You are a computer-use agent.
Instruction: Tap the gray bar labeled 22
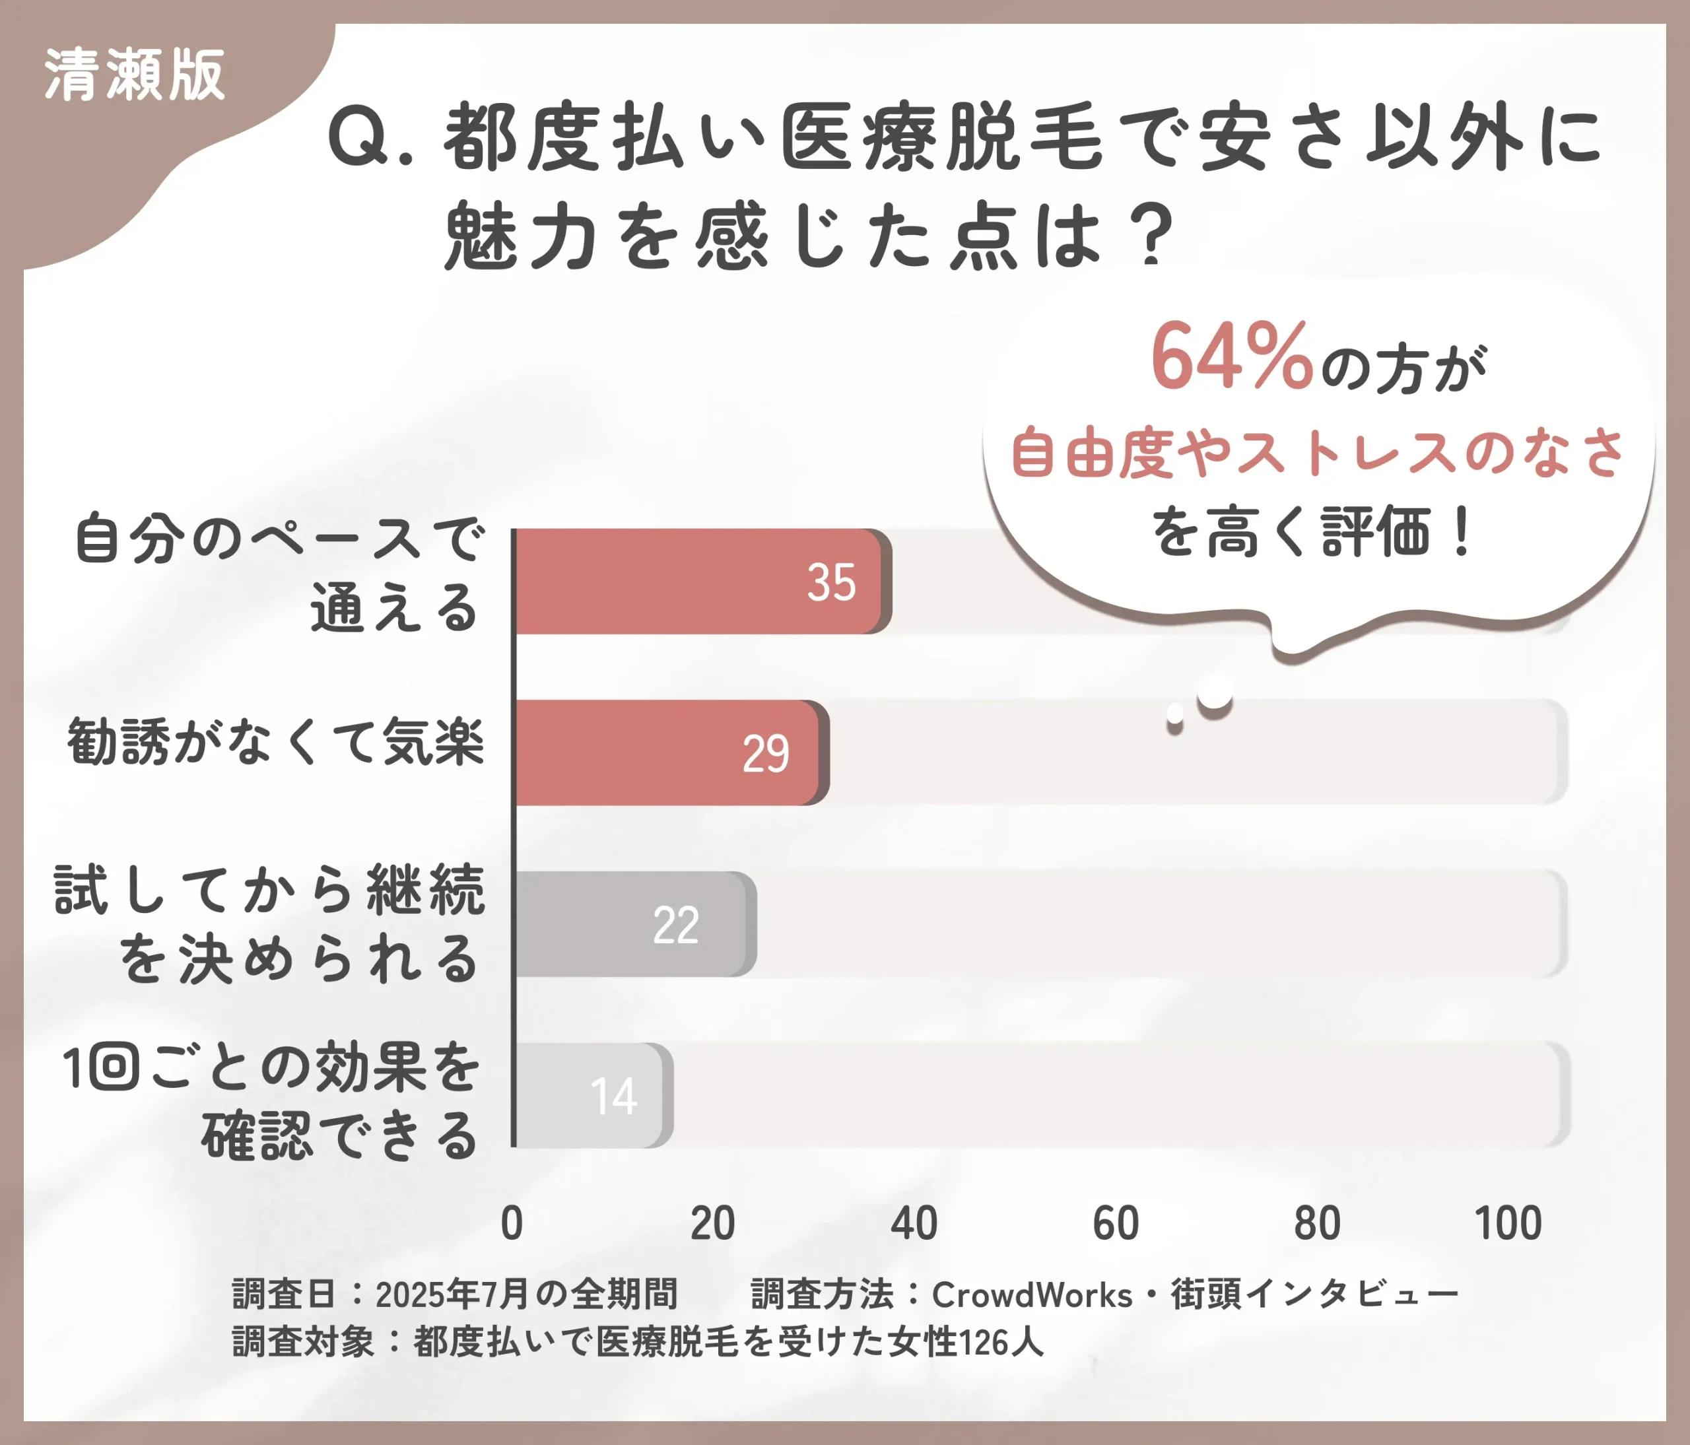[632, 924]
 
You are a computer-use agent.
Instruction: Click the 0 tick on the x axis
[512, 1223]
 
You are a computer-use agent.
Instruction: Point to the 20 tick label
[713, 1223]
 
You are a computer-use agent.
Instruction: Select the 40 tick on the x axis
[914, 1223]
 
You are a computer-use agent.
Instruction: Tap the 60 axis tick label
[1115, 1223]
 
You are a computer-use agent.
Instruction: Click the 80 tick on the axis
[1316, 1223]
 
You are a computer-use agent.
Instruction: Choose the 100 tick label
[1508, 1223]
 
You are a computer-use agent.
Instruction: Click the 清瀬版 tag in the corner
[135, 75]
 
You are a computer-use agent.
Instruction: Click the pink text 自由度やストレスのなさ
[1317, 453]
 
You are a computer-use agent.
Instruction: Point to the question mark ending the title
[1152, 236]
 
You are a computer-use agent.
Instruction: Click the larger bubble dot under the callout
[1215, 694]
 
